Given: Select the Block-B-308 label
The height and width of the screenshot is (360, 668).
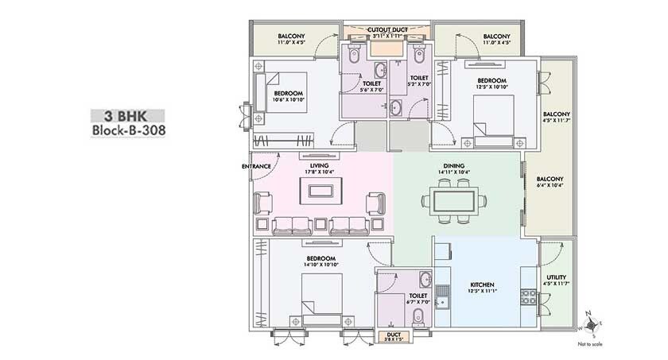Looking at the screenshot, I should coord(127,131).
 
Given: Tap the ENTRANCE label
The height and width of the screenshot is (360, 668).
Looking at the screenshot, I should coord(257,166).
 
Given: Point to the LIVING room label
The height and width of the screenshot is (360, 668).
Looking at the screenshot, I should coord(320,165).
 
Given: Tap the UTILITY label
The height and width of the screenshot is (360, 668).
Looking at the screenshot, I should coord(557,277).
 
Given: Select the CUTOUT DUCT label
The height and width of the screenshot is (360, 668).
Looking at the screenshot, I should coord(387,29).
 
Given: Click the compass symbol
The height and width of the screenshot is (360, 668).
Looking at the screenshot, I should coord(589,322).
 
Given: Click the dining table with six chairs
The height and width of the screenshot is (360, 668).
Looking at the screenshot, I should coord(456,200).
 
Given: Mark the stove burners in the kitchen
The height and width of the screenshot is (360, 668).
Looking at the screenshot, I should coord(527,297).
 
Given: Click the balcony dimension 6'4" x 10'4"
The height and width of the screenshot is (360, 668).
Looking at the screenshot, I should coord(549,186).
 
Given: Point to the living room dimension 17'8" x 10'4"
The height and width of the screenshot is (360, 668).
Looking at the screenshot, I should coord(320,172).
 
